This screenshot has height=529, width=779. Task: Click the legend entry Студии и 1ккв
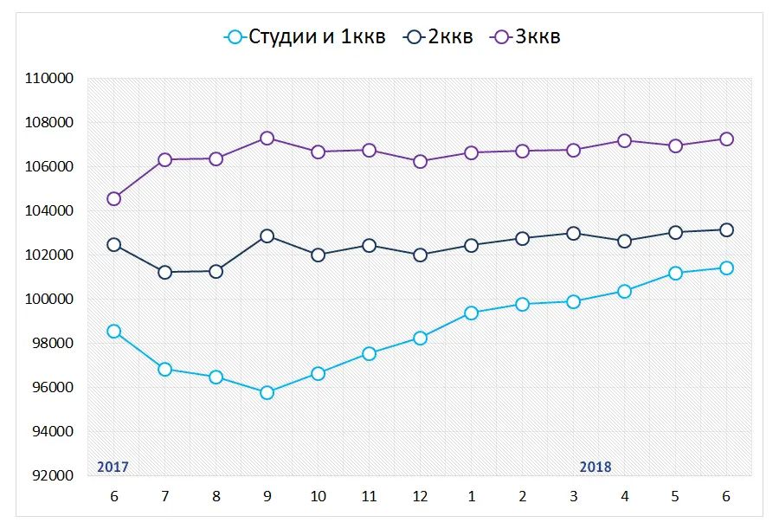click(305, 36)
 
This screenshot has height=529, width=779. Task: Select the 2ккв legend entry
click(440, 36)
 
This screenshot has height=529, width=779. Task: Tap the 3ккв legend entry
click(526, 36)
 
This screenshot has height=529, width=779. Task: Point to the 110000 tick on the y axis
click(50, 79)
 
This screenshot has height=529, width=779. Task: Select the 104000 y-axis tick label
click(50, 211)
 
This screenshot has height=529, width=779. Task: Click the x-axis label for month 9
click(267, 496)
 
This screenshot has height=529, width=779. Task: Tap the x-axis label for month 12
click(420, 496)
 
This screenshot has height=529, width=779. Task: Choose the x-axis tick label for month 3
click(573, 496)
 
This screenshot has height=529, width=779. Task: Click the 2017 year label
click(113, 467)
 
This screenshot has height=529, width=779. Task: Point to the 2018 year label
click(596, 467)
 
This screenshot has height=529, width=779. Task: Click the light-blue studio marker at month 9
click(267, 392)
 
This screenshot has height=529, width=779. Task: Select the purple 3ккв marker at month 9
click(267, 139)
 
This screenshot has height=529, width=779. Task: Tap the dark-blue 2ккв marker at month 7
click(164, 272)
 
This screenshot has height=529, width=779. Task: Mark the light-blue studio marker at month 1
click(471, 313)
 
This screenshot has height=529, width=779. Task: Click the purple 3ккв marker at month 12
click(420, 161)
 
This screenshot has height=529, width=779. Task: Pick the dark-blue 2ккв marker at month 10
click(318, 255)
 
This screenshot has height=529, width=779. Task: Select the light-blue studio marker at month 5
click(675, 273)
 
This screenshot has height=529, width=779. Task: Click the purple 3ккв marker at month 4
click(624, 140)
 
